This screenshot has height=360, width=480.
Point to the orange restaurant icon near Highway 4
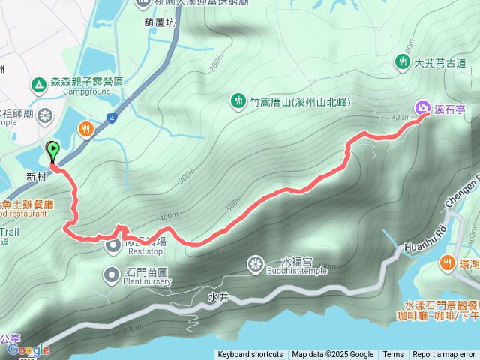coord(88,130)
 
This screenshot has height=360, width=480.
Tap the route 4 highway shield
coord(111,117)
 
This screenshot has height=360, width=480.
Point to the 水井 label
coord(218,297)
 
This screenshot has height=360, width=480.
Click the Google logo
coord(28,350)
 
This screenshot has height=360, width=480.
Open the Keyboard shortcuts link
coord(250,355)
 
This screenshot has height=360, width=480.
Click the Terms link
coord(393,355)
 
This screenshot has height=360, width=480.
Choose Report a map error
coord(444,355)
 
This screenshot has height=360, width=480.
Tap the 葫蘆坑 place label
coord(161,22)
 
